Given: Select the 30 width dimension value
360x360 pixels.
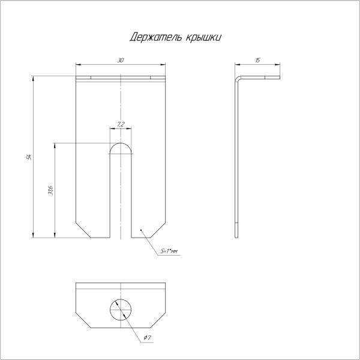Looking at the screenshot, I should click(x=121, y=60).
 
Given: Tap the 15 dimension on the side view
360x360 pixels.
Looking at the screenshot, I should click(x=257, y=60).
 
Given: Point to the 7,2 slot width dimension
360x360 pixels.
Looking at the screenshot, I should click(x=121, y=124).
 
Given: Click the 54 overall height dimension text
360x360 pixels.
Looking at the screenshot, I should click(x=28, y=157).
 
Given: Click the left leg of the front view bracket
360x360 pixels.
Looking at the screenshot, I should click(x=93, y=192).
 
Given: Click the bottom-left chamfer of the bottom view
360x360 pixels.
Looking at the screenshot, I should click(x=82, y=319).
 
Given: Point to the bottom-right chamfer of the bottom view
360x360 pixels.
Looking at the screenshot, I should click(x=158, y=319).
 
